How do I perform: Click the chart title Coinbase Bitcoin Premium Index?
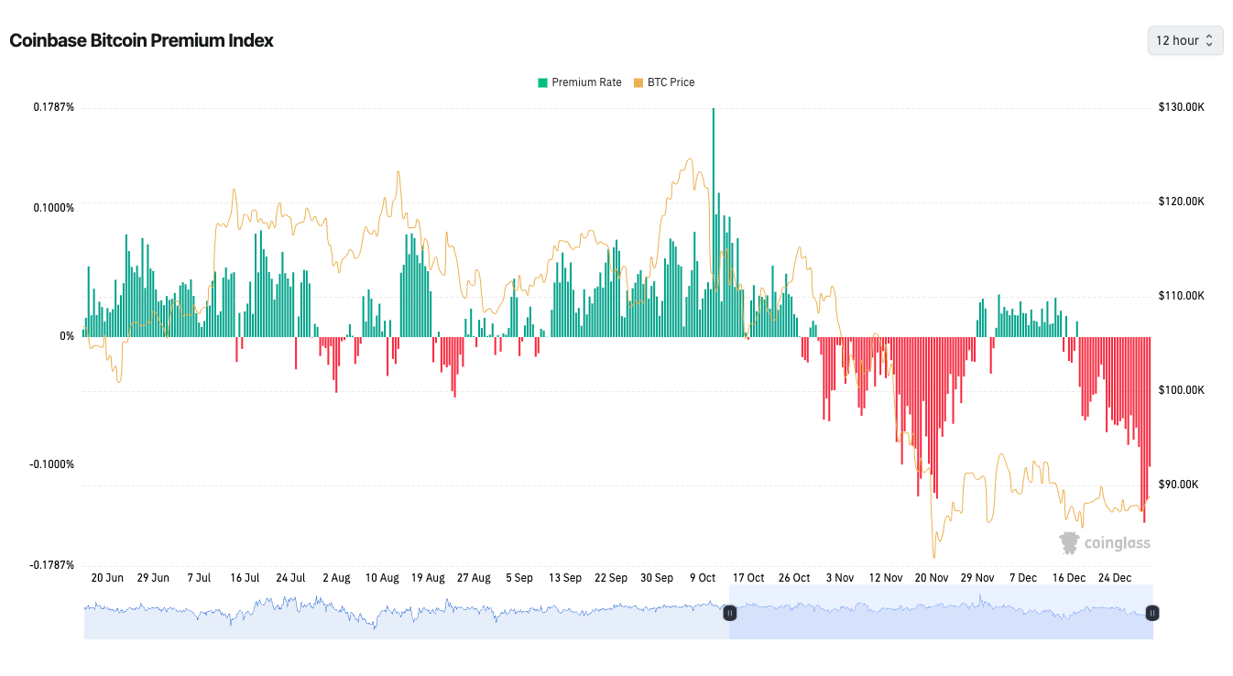click(x=141, y=41)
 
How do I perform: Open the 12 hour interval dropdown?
click(x=1184, y=40)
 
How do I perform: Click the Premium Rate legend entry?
click(x=580, y=82)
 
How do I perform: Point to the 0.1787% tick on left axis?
click(x=54, y=107)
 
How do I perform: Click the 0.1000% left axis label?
click(x=54, y=208)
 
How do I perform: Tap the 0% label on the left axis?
click(x=67, y=336)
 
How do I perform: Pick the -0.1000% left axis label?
click(x=52, y=464)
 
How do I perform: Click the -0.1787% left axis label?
click(x=52, y=565)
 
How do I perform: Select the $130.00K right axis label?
click(x=1181, y=107)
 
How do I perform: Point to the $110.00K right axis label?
click(x=1181, y=296)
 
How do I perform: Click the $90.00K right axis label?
click(x=1181, y=485)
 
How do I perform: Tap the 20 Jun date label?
click(x=107, y=578)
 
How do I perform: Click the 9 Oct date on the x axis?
click(x=703, y=578)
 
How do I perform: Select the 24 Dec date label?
click(x=1115, y=578)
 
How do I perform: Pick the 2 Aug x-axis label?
click(x=336, y=578)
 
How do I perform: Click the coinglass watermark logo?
click(x=1105, y=543)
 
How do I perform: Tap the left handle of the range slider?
click(x=730, y=613)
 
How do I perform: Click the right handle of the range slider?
click(x=1152, y=613)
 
